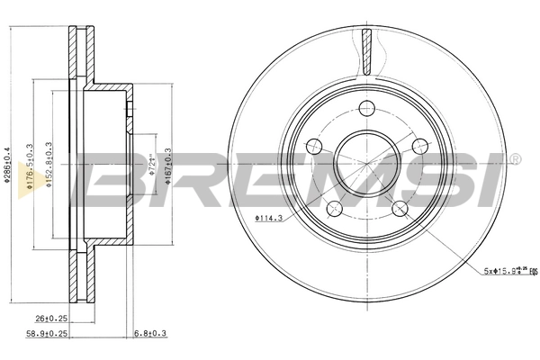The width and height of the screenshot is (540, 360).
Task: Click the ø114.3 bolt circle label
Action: click(270, 217)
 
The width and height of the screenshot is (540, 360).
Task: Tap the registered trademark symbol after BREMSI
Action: click(515, 159)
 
